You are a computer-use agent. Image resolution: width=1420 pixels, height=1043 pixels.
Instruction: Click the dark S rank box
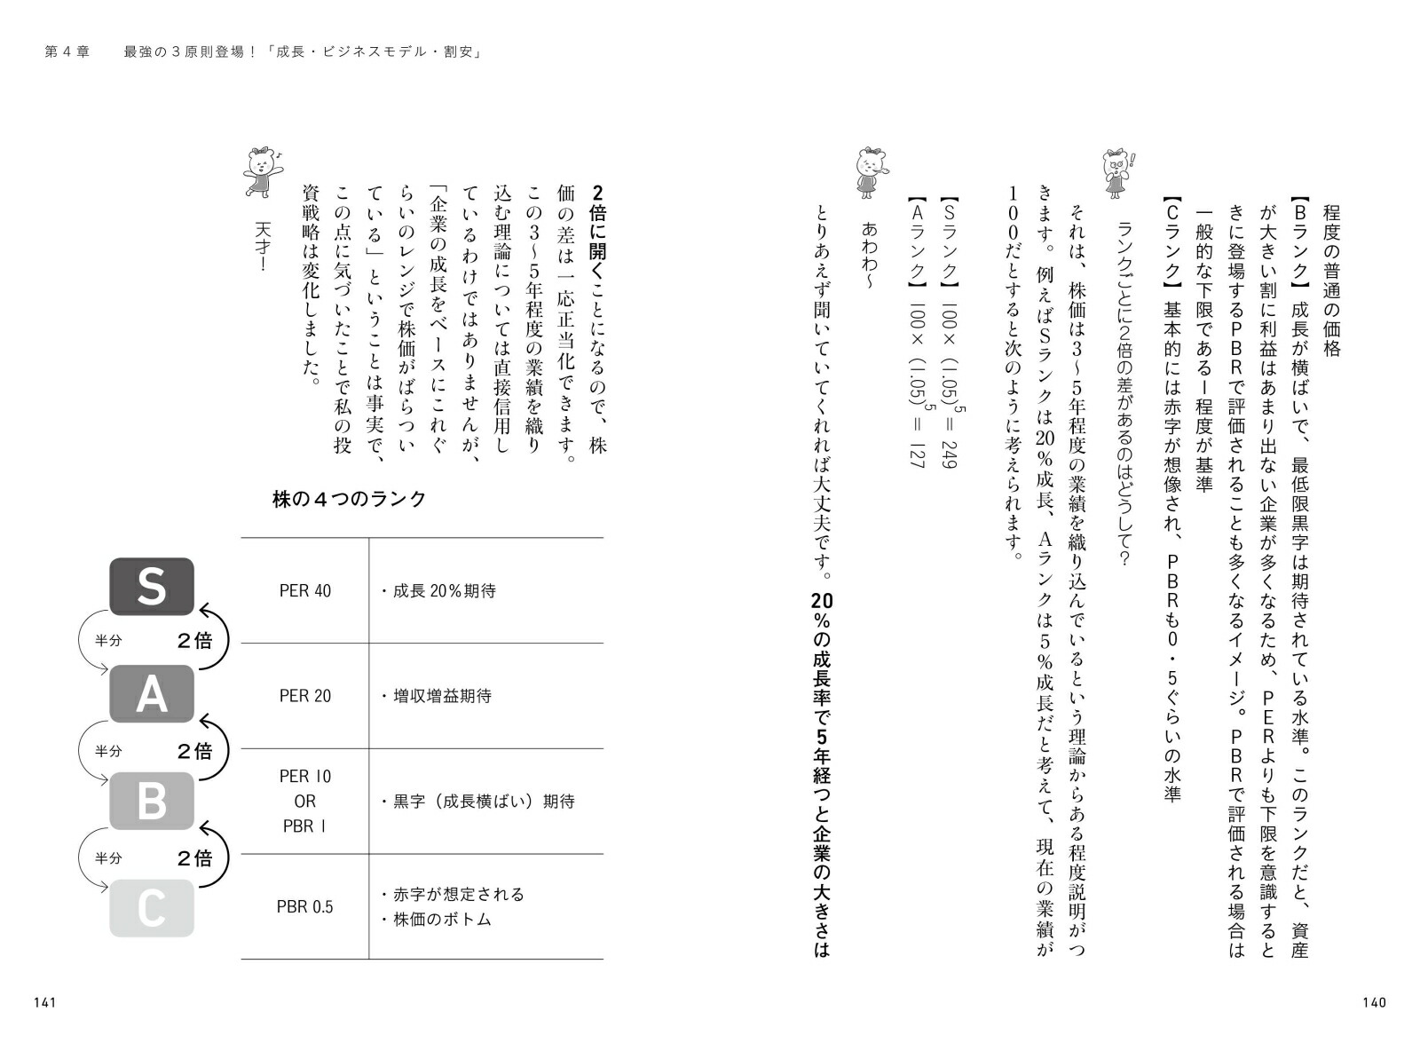(x=151, y=586)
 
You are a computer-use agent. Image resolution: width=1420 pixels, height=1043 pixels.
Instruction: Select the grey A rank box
(x=151, y=693)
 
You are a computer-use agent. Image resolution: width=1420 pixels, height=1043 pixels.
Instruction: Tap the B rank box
(x=151, y=801)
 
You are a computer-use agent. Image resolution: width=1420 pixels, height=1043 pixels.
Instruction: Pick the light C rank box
(x=151, y=907)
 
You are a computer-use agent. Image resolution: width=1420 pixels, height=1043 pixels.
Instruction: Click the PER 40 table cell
(x=304, y=591)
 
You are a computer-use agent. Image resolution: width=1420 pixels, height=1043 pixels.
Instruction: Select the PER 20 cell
(x=304, y=696)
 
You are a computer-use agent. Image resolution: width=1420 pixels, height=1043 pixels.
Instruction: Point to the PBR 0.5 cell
(x=304, y=907)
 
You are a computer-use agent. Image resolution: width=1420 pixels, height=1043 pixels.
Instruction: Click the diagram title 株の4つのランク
(x=349, y=499)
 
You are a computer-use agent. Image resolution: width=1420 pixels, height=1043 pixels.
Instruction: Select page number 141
(x=45, y=1002)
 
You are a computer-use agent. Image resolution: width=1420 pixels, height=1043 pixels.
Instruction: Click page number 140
(x=1373, y=1002)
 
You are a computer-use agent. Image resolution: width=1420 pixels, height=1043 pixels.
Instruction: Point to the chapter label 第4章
(x=67, y=52)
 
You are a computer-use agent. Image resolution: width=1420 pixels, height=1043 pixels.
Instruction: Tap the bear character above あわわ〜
(x=869, y=171)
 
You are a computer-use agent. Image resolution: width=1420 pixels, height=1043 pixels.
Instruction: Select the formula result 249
(x=948, y=454)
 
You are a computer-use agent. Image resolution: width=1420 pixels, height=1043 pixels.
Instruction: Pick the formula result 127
(x=916, y=454)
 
